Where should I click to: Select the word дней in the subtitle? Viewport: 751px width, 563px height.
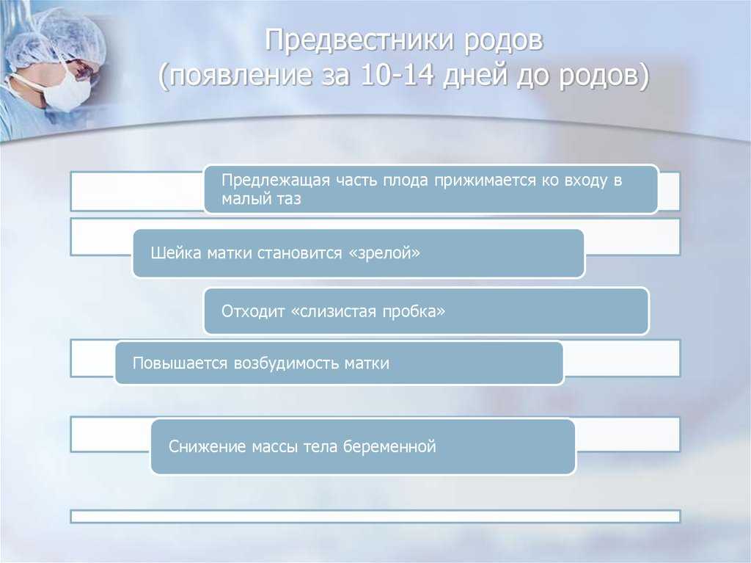click(475, 76)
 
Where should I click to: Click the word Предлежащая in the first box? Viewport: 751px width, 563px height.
click(276, 181)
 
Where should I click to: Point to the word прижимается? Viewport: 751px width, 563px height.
click(486, 181)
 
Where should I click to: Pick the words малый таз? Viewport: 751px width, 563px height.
click(261, 199)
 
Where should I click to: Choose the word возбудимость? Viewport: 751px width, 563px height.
click(287, 363)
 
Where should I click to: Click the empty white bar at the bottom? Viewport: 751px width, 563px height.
click(375, 517)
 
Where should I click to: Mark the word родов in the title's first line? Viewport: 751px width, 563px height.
click(503, 41)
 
